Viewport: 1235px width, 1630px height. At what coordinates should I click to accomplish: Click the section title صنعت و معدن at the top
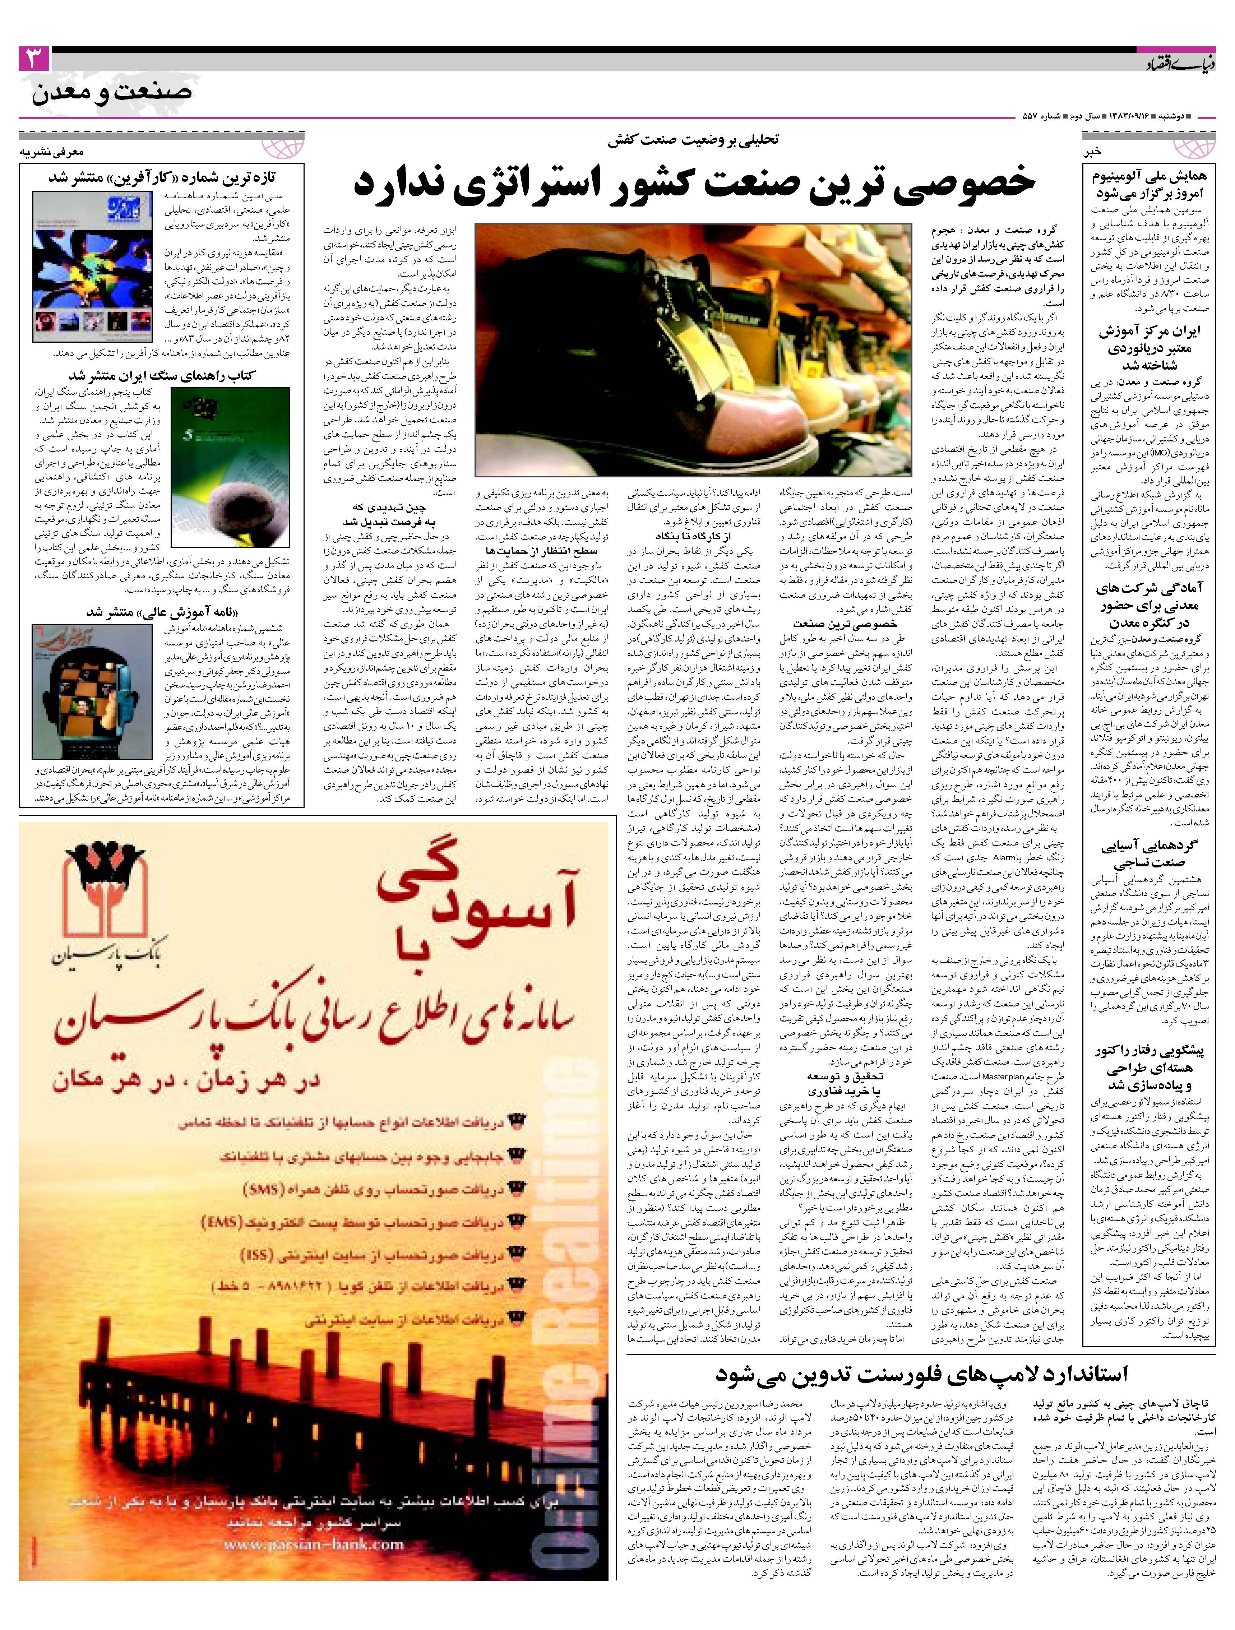click(112, 93)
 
